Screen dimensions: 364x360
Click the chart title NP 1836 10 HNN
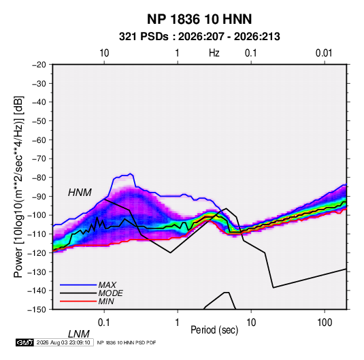click(199, 19)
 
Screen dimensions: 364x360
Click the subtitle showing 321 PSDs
click(199, 37)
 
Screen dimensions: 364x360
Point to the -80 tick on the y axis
click(39, 178)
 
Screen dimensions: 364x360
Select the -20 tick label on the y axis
click(39, 65)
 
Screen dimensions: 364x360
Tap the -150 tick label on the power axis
click(37, 310)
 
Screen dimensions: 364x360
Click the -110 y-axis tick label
click(37, 234)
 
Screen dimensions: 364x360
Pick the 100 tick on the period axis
click(325, 323)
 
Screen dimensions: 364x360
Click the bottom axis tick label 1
click(178, 323)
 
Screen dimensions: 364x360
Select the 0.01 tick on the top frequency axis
click(324, 53)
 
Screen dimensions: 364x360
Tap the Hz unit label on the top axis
click(214, 53)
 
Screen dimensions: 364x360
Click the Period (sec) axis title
click(214, 330)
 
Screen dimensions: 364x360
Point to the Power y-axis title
click(18, 186)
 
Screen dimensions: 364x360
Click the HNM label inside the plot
click(80, 193)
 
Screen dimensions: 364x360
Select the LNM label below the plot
click(79, 334)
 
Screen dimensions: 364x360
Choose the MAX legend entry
click(107, 284)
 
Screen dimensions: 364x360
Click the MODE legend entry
click(110, 293)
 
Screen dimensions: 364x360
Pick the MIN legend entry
click(106, 301)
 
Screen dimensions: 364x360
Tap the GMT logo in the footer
click(24, 342)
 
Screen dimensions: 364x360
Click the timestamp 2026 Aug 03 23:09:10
click(63, 342)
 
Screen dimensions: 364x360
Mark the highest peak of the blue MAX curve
click(131, 174)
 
